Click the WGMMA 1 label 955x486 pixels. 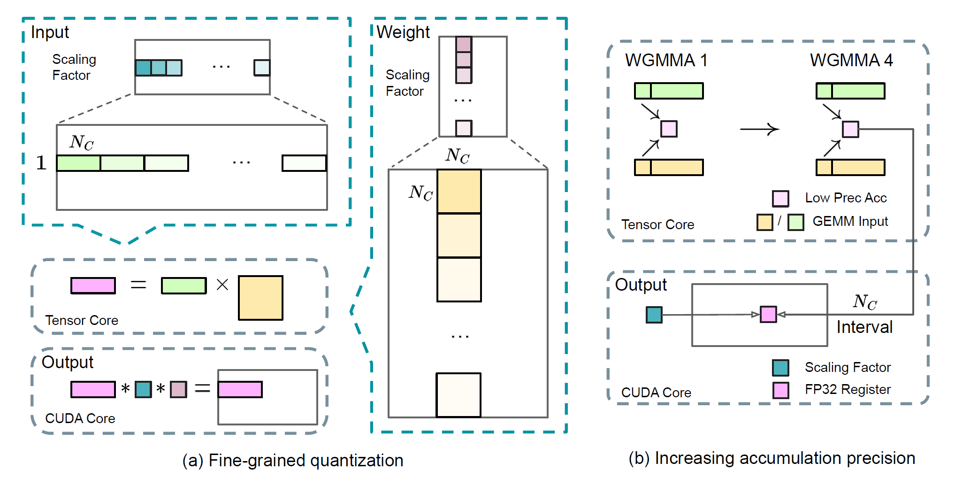coord(666,60)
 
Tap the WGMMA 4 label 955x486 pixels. coord(851,60)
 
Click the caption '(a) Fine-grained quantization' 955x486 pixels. coord(293,461)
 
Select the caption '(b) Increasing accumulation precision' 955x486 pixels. coord(772,458)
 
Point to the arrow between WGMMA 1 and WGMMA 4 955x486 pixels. coord(759,129)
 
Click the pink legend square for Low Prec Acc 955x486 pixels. coord(780,199)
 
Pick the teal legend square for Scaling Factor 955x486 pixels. coord(780,368)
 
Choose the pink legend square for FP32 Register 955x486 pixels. coord(780,390)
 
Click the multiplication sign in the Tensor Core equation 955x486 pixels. coord(222,285)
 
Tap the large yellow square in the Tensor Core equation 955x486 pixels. coord(260,298)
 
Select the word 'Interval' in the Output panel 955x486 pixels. coord(864,327)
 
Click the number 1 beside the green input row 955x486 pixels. coord(41,163)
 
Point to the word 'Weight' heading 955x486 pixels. coord(403,32)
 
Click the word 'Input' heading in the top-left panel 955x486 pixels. coord(50,32)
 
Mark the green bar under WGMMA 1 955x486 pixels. coord(669,91)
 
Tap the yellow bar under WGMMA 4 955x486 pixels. coord(850,167)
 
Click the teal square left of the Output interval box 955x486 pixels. coord(654,315)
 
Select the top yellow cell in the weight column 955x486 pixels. coord(459,192)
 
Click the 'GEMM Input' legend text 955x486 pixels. coord(850,221)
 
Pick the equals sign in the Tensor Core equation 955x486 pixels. coord(138,285)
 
